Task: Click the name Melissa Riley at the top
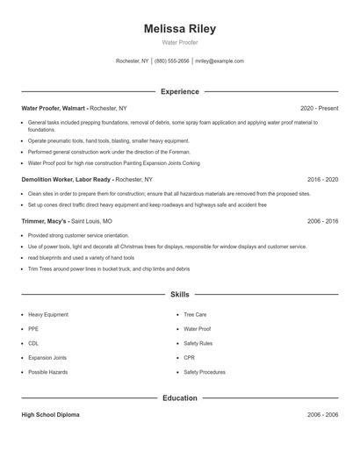click(179, 29)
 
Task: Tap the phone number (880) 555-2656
click(172, 61)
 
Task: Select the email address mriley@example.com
click(220, 61)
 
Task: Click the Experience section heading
click(179, 91)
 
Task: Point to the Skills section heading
click(179, 295)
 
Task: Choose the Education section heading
click(179, 397)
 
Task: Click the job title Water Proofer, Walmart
click(54, 108)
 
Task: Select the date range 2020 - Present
click(319, 108)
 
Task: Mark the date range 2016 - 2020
click(322, 179)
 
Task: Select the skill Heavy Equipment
click(48, 314)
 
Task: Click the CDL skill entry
click(33, 343)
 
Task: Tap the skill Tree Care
click(195, 314)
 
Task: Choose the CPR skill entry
click(189, 358)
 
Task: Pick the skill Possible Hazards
click(47, 372)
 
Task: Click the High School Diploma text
click(50, 414)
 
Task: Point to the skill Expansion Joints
click(47, 358)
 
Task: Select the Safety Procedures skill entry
click(205, 372)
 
